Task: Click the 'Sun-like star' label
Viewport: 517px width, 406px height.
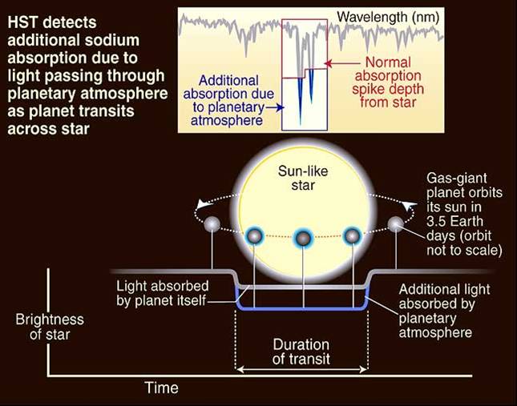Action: [303, 178]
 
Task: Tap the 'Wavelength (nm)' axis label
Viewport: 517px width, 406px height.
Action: [388, 17]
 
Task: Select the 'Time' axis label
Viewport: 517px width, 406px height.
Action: [162, 388]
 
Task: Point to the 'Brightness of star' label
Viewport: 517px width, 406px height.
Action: [50, 327]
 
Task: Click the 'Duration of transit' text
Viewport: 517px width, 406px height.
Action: [301, 352]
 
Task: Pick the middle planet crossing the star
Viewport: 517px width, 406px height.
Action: [303, 238]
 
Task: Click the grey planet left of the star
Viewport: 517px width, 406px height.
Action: [212, 224]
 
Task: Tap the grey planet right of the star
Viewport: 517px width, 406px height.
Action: [395, 224]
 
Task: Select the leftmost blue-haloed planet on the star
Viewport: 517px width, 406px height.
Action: [254, 235]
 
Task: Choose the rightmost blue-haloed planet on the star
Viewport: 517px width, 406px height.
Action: [353, 235]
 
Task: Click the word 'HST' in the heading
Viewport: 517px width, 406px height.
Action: [23, 22]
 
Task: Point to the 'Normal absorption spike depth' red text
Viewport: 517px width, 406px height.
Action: [388, 82]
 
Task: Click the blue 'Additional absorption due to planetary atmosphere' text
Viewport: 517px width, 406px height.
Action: [228, 100]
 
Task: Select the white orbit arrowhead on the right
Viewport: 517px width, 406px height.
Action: [409, 206]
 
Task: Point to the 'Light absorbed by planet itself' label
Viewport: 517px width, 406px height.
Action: [162, 293]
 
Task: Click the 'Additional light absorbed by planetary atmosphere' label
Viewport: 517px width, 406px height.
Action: [444, 311]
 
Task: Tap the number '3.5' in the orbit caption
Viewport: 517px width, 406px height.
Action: [436, 222]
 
